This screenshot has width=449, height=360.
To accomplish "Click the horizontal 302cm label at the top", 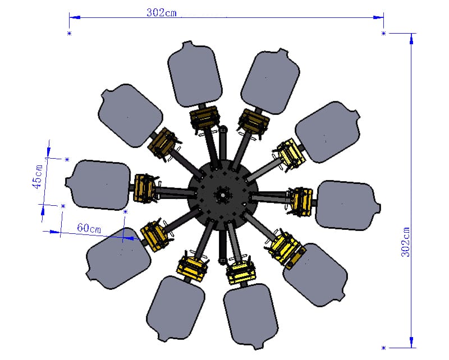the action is tap(162, 12).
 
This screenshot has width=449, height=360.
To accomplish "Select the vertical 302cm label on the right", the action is tap(405, 242).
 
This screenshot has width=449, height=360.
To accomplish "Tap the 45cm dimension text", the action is tap(38, 177).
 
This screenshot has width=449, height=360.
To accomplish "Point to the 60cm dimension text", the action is tap(89, 228).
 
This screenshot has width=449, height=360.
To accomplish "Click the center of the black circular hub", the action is tap(223, 195).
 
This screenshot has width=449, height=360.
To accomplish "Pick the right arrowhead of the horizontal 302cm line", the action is tap(378, 17).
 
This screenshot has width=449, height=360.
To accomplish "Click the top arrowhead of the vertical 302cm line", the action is tap(411, 39).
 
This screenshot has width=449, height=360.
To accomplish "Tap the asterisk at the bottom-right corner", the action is tap(384, 348).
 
